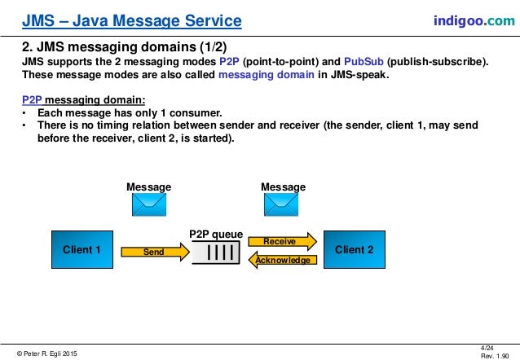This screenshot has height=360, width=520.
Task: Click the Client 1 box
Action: (x=82, y=251)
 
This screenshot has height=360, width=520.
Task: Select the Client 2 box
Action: (x=355, y=251)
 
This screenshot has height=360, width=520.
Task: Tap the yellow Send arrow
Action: (x=154, y=252)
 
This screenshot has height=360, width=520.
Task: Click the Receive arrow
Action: (x=280, y=242)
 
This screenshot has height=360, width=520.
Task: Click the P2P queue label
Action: (x=216, y=234)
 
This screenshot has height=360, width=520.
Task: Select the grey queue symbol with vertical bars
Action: (x=216, y=252)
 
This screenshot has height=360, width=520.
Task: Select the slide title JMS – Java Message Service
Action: (x=131, y=20)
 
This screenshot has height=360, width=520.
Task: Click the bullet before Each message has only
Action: (x=25, y=112)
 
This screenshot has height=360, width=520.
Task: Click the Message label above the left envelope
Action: (x=148, y=187)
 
